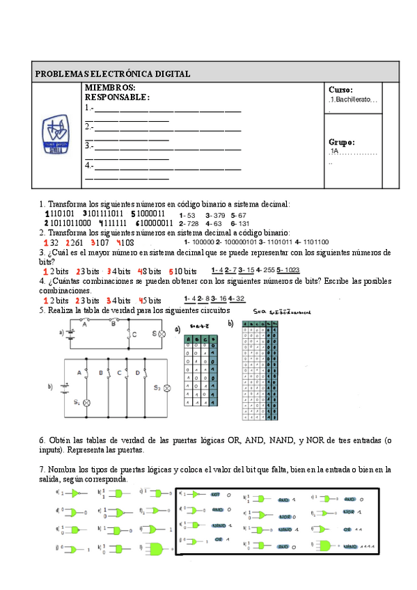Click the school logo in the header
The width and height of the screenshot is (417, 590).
[x=58, y=135]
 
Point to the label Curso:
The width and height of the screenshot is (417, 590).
[x=340, y=90]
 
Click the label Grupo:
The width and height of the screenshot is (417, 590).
[x=341, y=141]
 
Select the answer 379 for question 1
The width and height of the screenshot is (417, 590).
[x=218, y=216]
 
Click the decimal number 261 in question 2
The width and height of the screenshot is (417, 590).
[x=76, y=243]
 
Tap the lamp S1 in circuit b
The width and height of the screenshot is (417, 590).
[x=87, y=403]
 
